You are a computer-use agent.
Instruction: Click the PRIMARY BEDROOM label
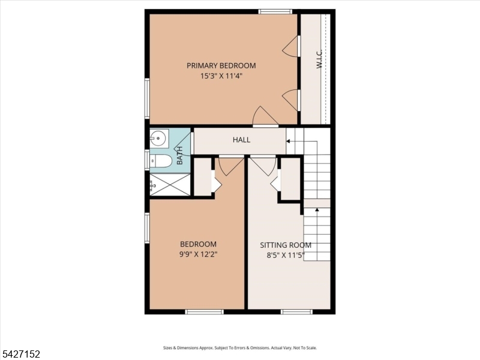(x=221, y=65)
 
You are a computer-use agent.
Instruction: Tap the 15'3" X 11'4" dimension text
(x=221, y=76)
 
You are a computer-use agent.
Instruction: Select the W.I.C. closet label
(x=319, y=59)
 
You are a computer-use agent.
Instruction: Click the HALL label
(x=242, y=140)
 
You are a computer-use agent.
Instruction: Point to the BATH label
(x=179, y=155)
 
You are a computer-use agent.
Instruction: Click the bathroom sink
(x=158, y=138)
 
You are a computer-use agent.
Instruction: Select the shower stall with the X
(x=170, y=185)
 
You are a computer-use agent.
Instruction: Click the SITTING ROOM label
(x=286, y=245)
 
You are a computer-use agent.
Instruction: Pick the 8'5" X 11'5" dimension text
(x=286, y=256)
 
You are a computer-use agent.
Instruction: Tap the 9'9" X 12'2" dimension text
(x=199, y=254)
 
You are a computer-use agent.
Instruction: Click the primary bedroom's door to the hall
(x=265, y=116)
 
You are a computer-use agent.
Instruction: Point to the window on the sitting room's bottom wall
(x=296, y=312)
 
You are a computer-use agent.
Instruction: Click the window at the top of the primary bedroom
(x=275, y=11)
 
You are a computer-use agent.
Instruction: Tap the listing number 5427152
(x=20, y=354)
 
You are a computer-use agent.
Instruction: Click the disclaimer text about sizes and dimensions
(x=240, y=348)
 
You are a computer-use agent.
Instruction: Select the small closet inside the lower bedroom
(x=203, y=176)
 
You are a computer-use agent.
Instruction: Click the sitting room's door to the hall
(x=263, y=166)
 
